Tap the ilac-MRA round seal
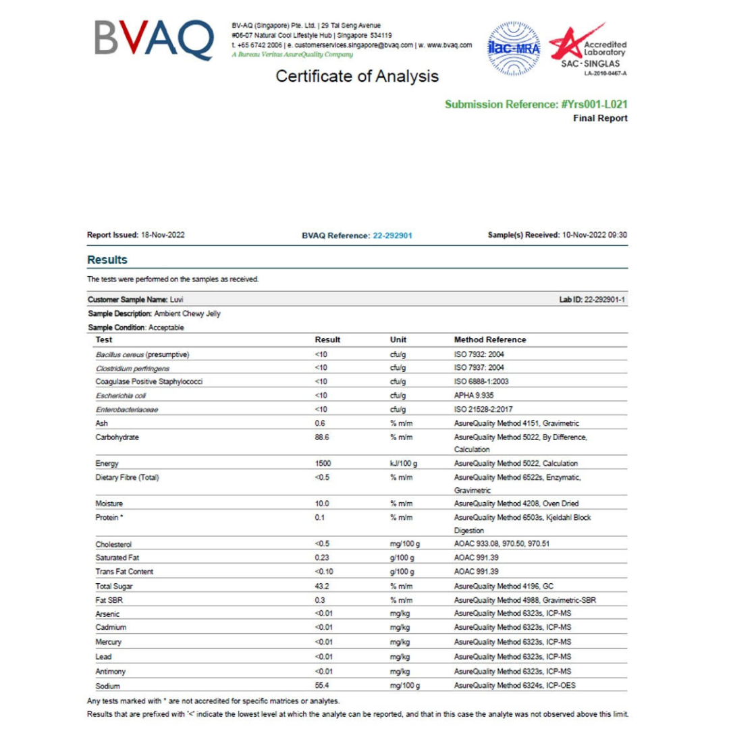tap(512, 48)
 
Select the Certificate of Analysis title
tap(357, 76)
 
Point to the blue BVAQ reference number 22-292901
tap(392, 236)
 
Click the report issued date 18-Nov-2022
tap(163, 235)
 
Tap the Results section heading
tap(107, 260)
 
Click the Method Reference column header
tap(490, 340)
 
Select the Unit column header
tap(398, 340)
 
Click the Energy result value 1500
tap(323, 463)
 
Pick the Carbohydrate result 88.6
tap(321, 437)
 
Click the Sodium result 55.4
tap(321, 685)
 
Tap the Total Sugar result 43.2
tap(321, 585)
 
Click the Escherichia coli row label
tap(121, 395)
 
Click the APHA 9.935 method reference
tap(475, 395)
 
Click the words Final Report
tap(600, 118)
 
